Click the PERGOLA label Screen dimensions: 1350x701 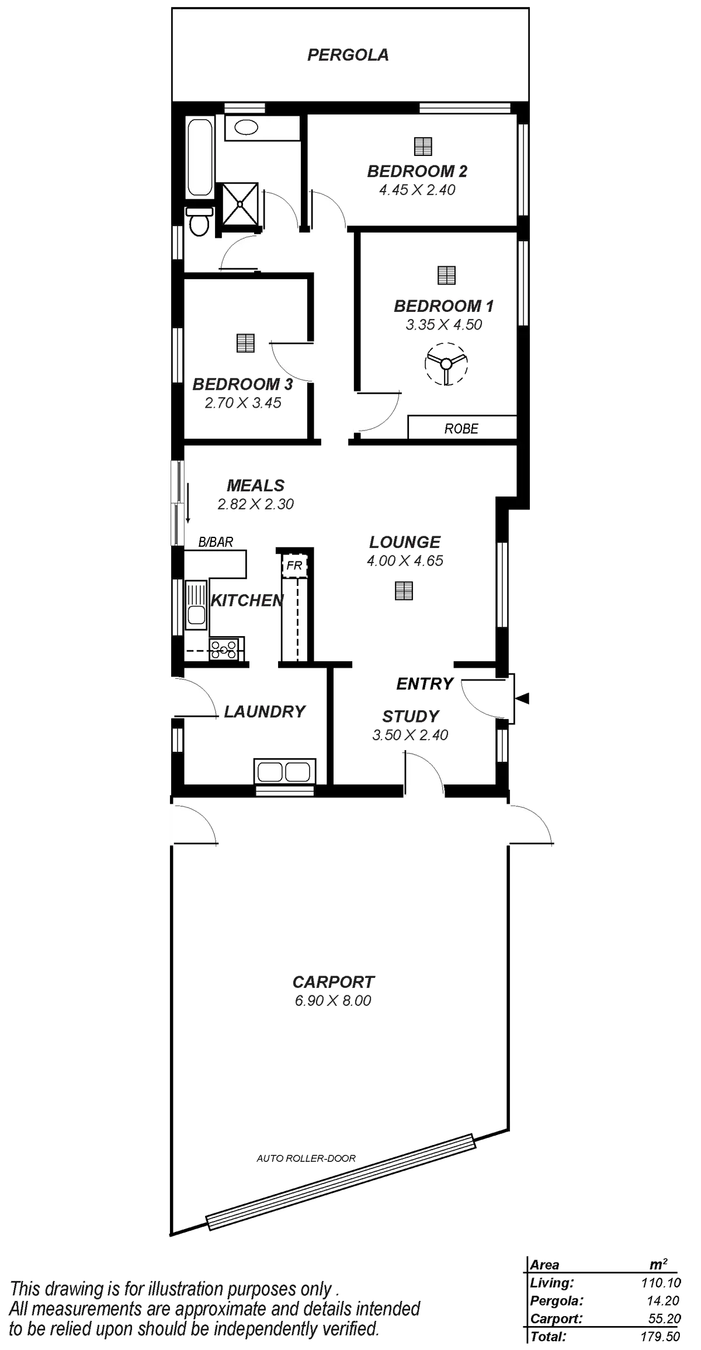pos(348,55)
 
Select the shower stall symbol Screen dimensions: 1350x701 pos(240,202)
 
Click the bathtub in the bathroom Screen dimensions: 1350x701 pos(200,158)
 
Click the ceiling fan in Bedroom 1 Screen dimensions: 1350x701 pos(446,363)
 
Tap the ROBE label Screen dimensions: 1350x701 pos(461,429)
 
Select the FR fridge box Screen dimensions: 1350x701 pos(294,565)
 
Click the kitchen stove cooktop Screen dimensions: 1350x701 pos(224,650)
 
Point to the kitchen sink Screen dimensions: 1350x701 pos(195,607)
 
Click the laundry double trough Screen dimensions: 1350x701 pos(285,771)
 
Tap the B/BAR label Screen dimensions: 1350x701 pos(216,542)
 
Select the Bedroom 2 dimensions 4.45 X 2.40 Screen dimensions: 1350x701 pos(417,190)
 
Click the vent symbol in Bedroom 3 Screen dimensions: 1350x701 pos(246,343)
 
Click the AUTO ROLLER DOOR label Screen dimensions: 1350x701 pos(306,1158)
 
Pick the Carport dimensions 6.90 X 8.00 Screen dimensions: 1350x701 pos(334,1001)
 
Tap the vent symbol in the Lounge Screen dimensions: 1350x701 pos(404,591)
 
